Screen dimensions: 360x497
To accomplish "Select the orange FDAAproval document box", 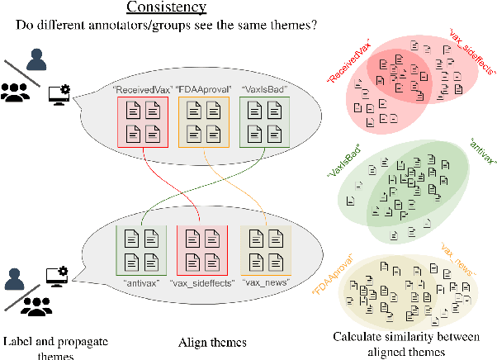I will (x=202, y=121).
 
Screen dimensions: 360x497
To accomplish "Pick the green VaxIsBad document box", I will (x=264, y=121).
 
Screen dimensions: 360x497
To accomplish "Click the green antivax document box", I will (x=141, y=249).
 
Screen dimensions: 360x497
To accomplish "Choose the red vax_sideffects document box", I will (x=202, y=249).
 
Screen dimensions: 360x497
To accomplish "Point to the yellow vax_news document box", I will (x=264, y=249).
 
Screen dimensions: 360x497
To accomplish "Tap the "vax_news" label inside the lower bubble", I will (x=265, y=282).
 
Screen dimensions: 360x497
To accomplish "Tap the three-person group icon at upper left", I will (x=17, y=92).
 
